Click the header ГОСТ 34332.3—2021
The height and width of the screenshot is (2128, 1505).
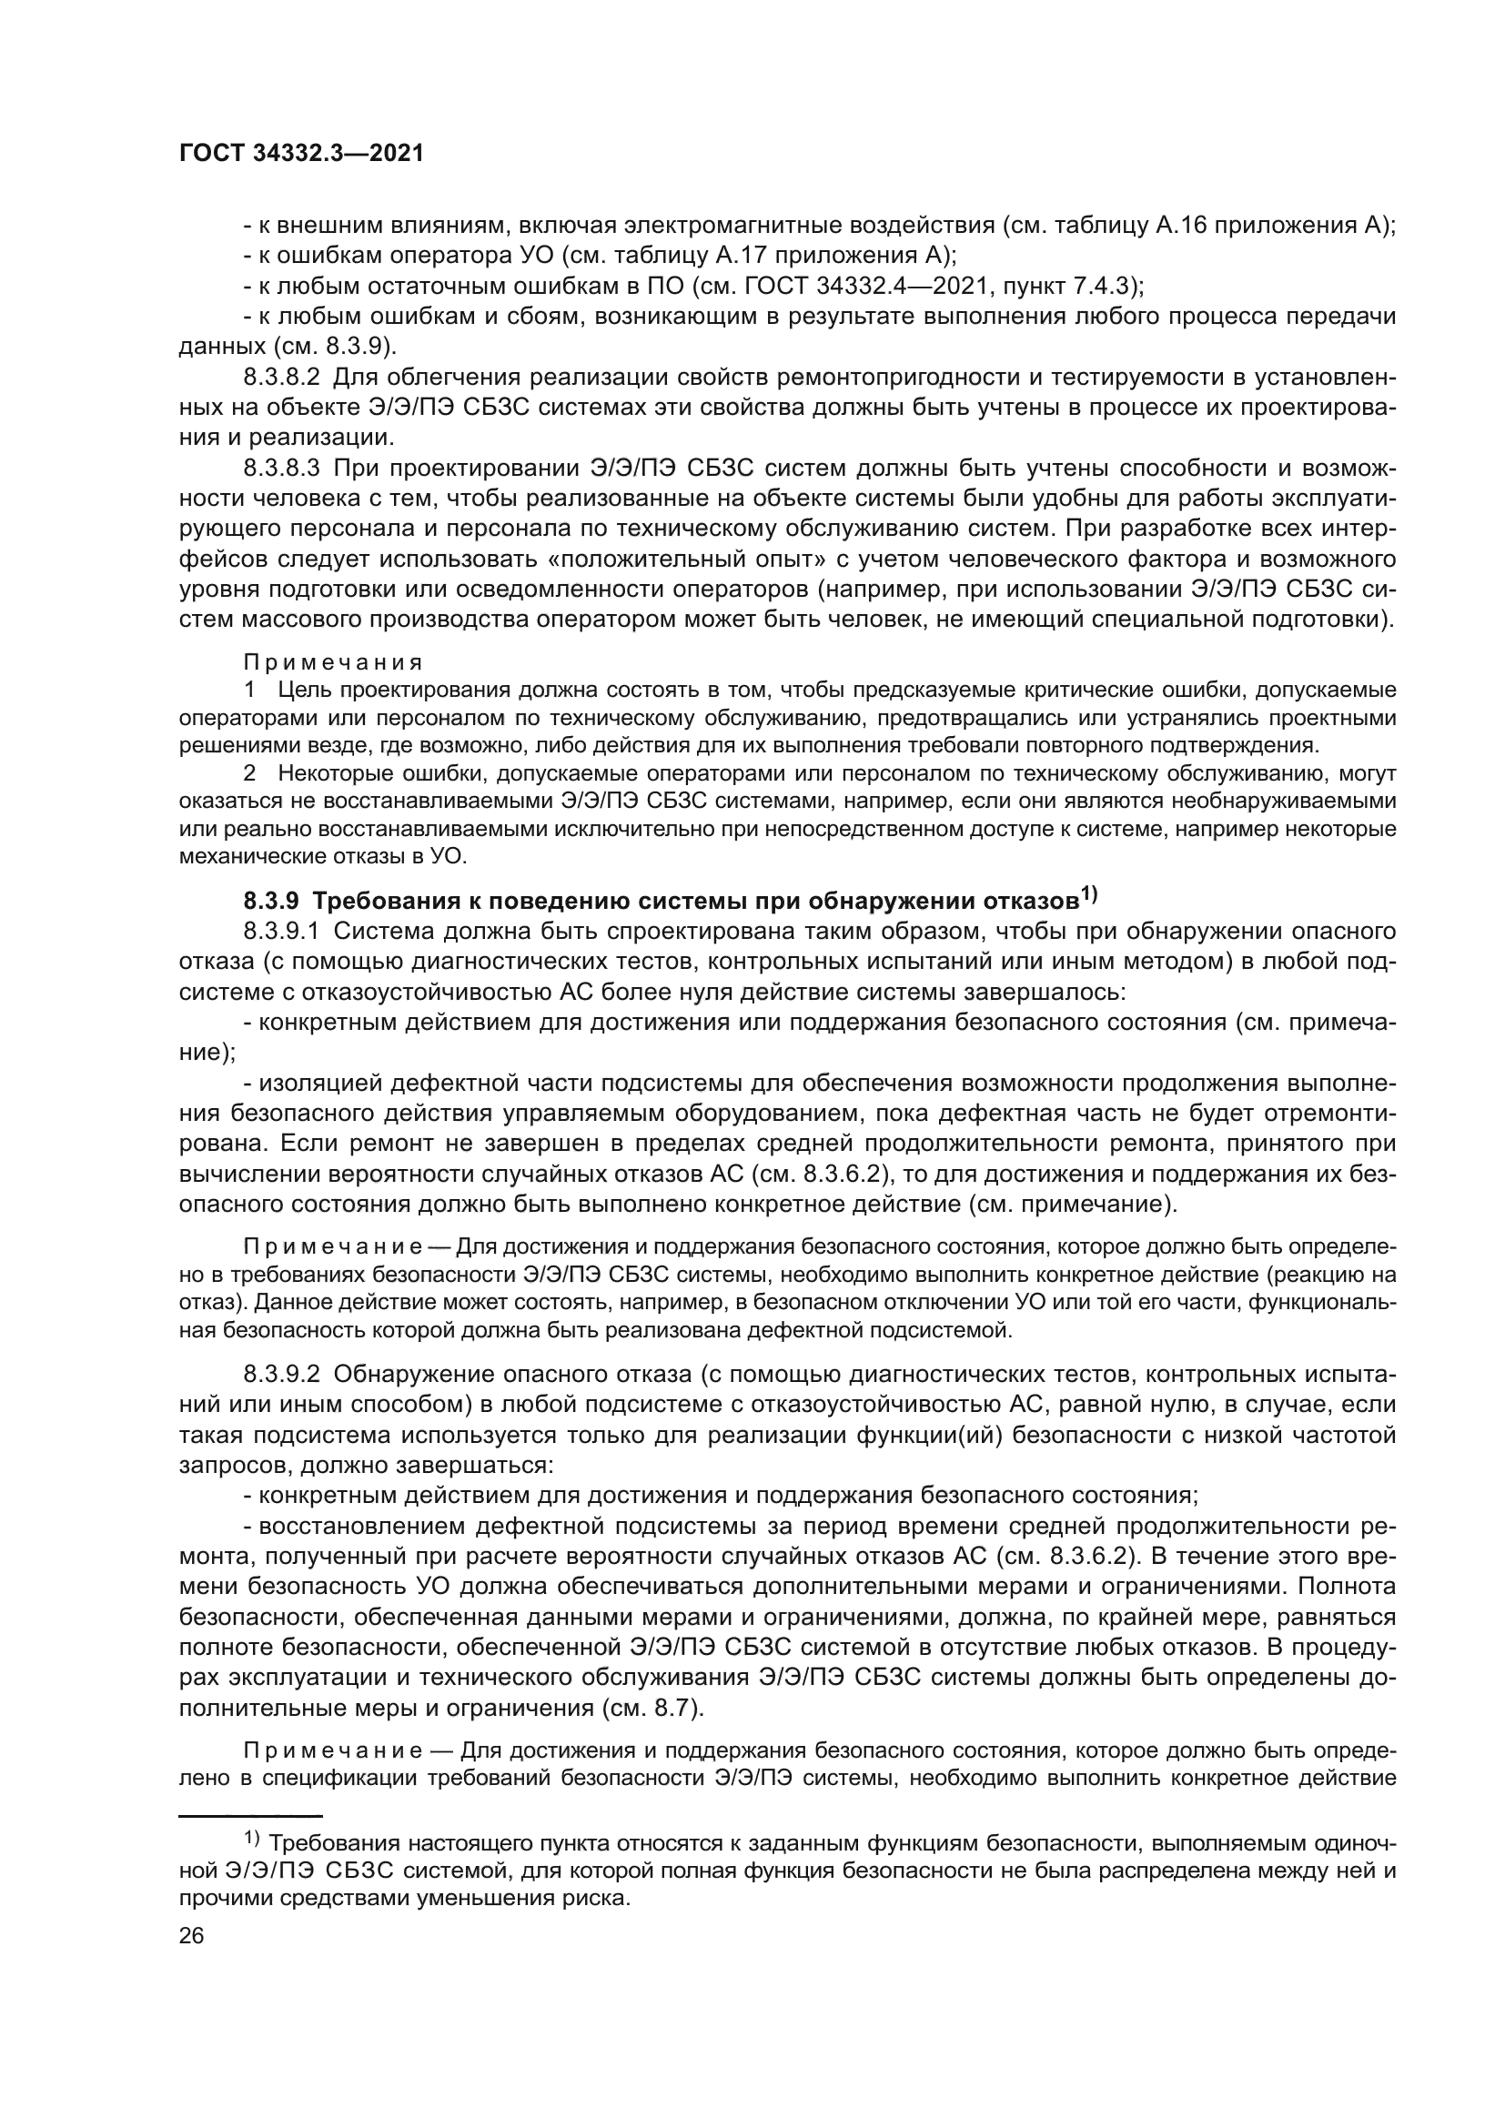pyautogui.click(x=300, y=154)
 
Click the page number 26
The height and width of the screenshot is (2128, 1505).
pyautogui.click(x=191, y=1935)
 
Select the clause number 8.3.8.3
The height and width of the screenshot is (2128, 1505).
pyautogui.click(x=281, y=468)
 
